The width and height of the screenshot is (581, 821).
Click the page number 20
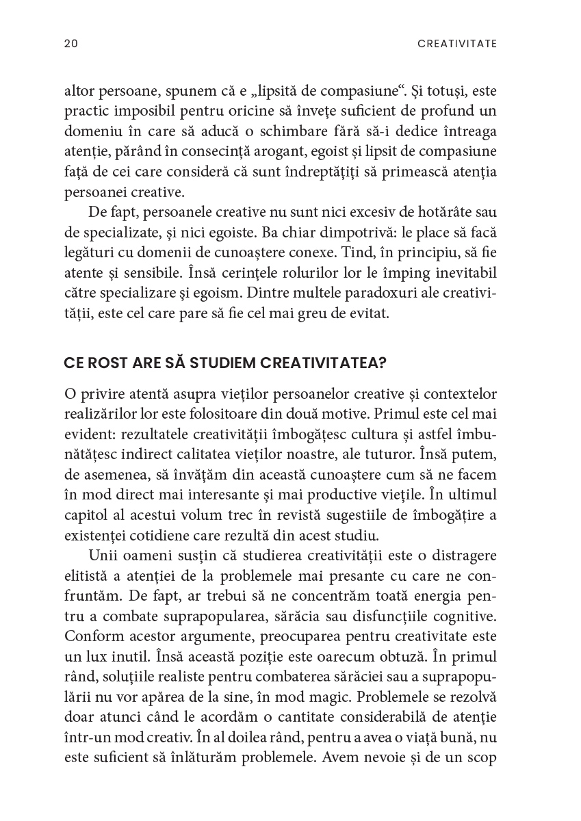point(70,44)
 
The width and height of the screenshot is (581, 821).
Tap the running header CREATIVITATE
point(457,44)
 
